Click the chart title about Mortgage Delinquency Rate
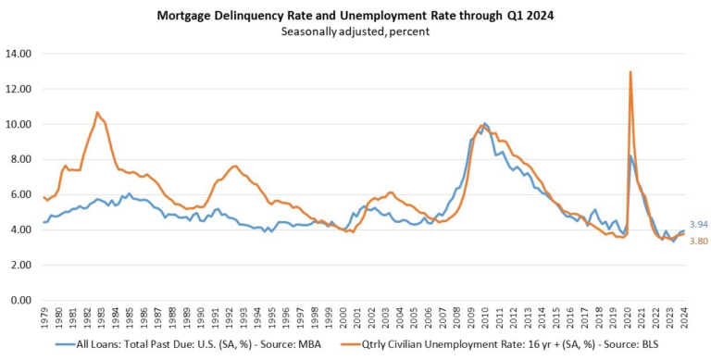click(x=355, y=13)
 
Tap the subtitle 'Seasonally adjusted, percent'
click(x=355, y=30)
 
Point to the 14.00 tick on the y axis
click(x=19, y=54)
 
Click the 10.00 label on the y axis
click(x=19, y=124)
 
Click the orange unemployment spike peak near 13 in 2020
click(x=630, y=71)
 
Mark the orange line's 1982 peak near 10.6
click(x=97, y=113)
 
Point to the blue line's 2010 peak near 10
click(x=485, y=123)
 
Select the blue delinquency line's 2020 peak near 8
click(x=631, y=156)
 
